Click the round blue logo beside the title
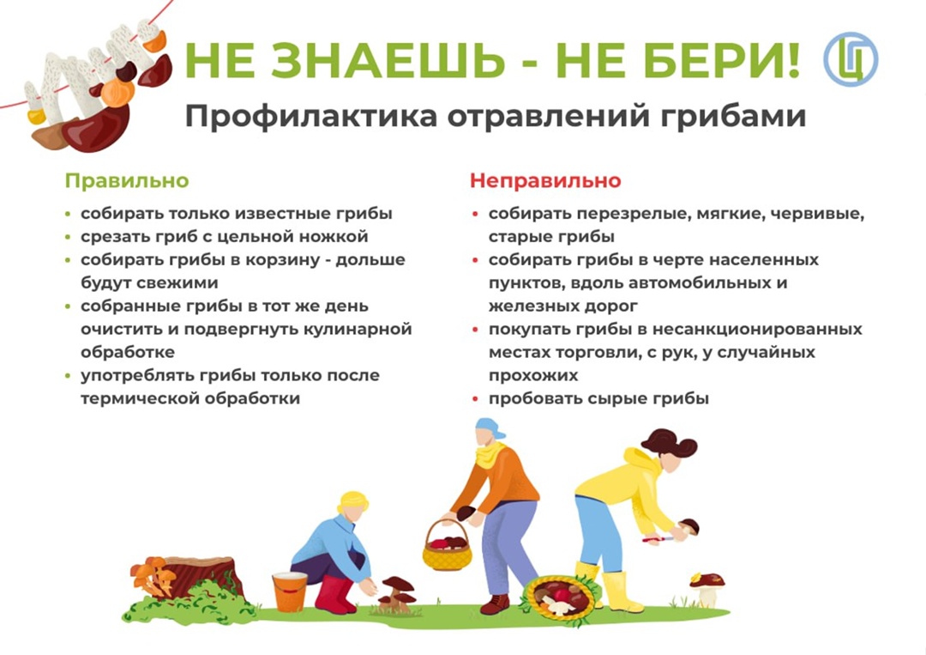coord(851,60)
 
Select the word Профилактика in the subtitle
coord(311,117)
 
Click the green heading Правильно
coord(127,180)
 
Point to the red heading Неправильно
coord(545,180)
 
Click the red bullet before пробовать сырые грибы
coord(475,399)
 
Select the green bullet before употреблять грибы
coord(68,376)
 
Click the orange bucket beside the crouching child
coord(290,591)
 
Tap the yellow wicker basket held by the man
coord(447,548)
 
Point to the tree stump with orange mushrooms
coord(188,579)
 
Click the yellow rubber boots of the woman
coord(610,588)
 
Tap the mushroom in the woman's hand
coord(689,527)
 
